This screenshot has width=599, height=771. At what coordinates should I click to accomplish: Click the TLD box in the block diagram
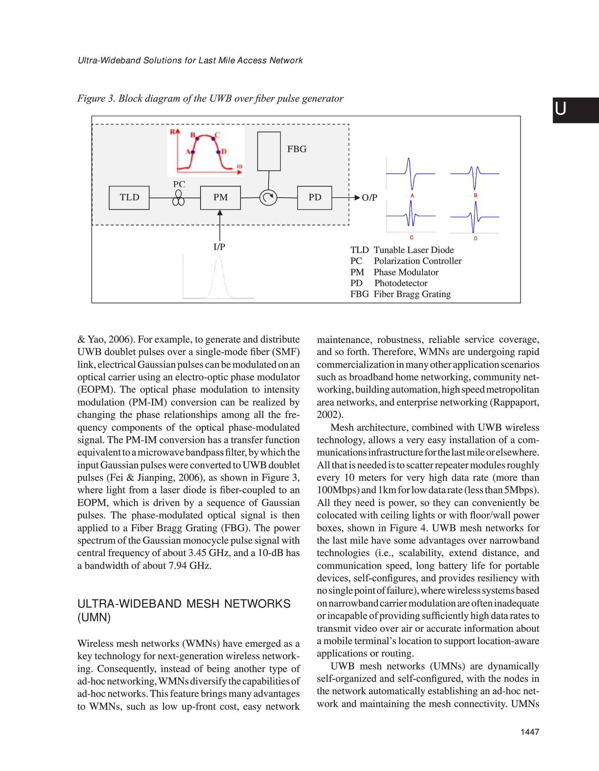tap(129, 198)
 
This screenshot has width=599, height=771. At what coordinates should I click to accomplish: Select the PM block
tap(220, 198)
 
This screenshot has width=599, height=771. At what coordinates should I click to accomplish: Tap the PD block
tap(315, 198)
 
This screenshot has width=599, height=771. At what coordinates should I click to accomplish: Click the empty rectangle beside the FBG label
tap(269, 151)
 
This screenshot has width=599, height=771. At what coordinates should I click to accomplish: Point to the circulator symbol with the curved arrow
tap(268, 197)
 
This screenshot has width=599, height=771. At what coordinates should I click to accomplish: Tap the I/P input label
tap(219, 247)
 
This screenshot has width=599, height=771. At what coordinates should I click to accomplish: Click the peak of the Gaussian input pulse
tap(219, 256)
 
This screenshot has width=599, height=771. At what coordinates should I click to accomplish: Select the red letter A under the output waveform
tap(412, 196)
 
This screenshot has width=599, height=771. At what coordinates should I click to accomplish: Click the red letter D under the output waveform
tap(476, 239)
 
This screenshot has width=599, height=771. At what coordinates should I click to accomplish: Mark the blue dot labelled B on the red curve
tap(196, 138)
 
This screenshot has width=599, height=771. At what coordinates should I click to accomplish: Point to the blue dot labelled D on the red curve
tap(218, 152)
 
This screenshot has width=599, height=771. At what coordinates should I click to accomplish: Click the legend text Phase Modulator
tap(406, 272)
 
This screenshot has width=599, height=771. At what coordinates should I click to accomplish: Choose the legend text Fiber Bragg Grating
tap(412, 294)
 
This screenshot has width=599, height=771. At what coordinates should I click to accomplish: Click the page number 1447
tap(530, 732)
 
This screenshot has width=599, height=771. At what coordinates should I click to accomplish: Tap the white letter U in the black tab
tap(561, 109)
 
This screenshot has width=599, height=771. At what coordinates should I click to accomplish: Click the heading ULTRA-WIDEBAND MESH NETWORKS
tap(184, 604)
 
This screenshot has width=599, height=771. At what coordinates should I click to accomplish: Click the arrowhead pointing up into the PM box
tap(220, 213)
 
